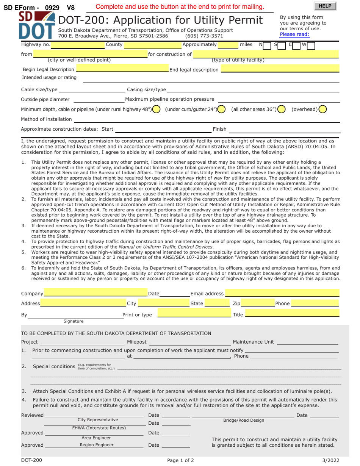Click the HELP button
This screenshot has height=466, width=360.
click(x=325, y=6)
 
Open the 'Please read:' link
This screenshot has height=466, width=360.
click(x=294, y=34)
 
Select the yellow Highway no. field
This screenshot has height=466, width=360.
click(x=78, y=45)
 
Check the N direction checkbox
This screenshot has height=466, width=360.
click(x=268, y=45)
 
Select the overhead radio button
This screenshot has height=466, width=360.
click(x=322, y=109)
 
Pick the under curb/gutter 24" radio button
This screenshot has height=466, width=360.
click(x=222, y=109)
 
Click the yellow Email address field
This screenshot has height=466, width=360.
click(x=282, y=293)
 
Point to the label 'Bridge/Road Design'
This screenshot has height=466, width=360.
click(x=244, y=421)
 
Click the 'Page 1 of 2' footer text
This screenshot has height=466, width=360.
click(x=180, y=461)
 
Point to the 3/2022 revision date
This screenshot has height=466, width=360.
click(x=330, y=461)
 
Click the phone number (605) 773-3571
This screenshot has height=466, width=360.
click(x=204, y=36)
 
